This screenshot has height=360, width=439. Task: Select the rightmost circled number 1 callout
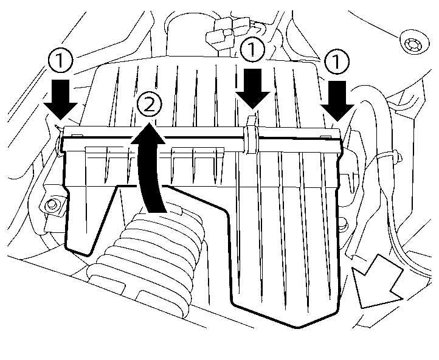pyautogui.click(x=335, y=62)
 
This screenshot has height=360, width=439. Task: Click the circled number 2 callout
pyautogui.click(x=150, y=106)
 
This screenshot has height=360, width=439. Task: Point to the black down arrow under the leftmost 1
pyautogui.click(x=63, y=99)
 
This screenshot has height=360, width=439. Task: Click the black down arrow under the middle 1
pyautogui.click(x=252, y=88)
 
